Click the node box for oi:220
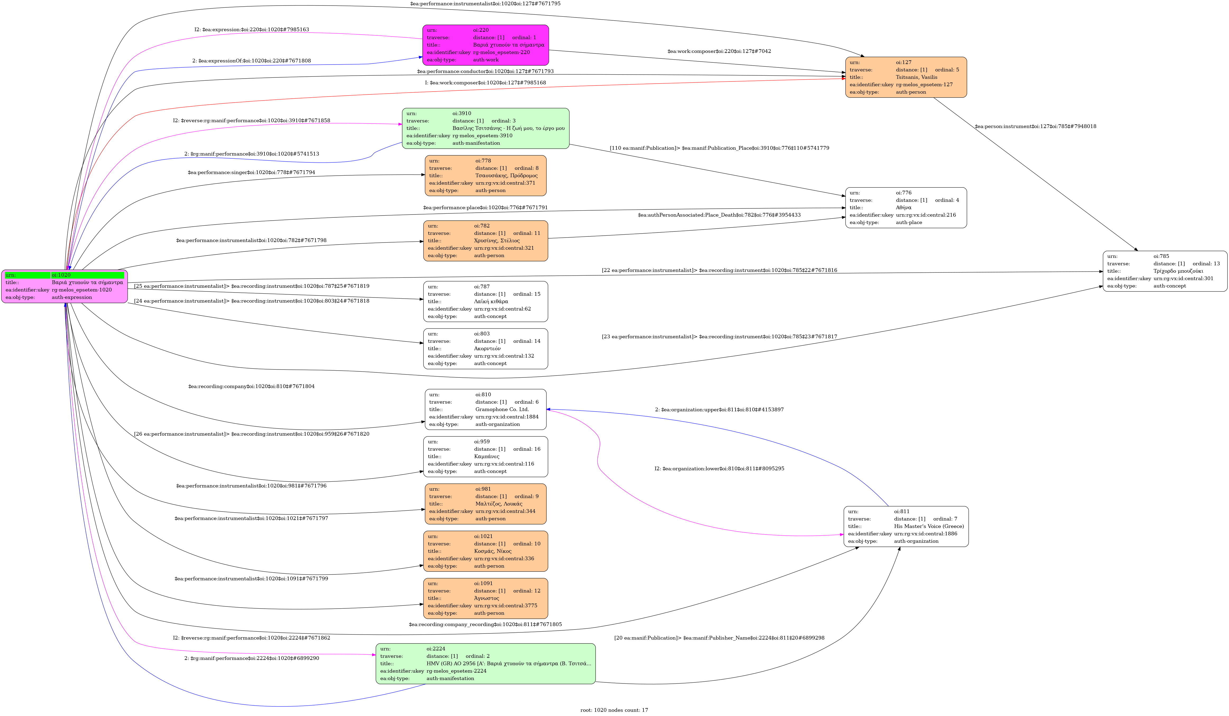tap(485, 45)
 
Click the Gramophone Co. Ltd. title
tap(502, 409)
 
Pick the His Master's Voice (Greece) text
tap(929, 526)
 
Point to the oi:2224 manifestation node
tap(485, 663)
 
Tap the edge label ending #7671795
tap(485, 3)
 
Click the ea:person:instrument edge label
tap(1035, 126)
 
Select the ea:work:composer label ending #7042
tap(719, 51)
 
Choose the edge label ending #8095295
tap(719, 469)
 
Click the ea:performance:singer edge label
tap(251, 172)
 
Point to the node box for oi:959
tap(485, 457)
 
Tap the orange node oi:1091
tap(485, 598)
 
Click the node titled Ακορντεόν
tap(485, 349)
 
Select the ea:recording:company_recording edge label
tap(485, 624)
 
